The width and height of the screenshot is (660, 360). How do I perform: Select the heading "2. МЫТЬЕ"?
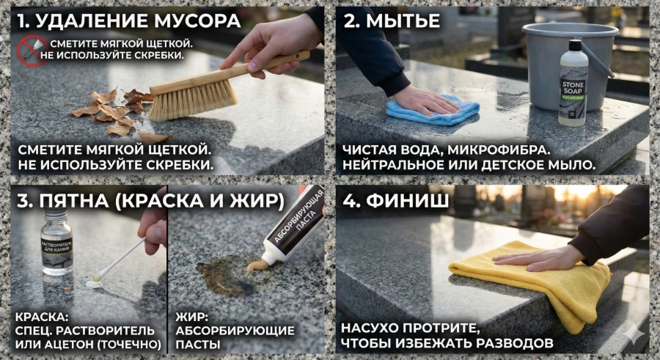click(392, 21)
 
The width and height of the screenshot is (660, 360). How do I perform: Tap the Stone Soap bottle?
click(572, 84)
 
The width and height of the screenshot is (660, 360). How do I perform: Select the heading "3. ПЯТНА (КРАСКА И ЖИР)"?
click(150, 201)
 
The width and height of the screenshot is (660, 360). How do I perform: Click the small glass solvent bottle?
click(56, 246)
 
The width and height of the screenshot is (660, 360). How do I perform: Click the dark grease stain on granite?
click(220, 277)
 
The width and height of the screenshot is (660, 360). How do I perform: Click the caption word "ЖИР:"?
click(193, 317)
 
